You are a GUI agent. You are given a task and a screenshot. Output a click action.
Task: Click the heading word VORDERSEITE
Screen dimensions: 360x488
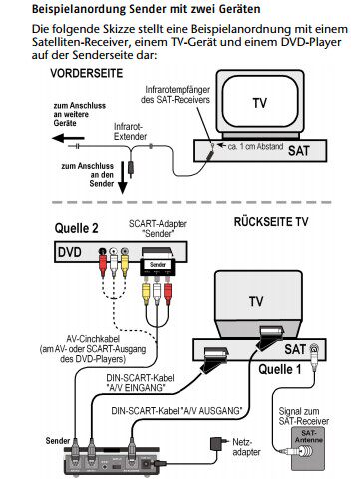click(x=87, y=73)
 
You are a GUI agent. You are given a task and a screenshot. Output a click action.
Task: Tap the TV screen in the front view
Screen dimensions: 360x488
click(x=259, y=103)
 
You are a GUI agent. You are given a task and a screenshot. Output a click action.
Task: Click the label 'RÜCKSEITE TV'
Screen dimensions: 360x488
click(x=271, y=222)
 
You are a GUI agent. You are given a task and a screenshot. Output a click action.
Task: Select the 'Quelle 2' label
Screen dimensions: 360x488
click(x=77, y=229)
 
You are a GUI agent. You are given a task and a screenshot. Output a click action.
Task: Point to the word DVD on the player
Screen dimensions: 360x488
click(x=70, y=252)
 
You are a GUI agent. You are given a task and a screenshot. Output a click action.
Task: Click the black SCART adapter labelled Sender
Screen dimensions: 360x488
click(x=158, y=262)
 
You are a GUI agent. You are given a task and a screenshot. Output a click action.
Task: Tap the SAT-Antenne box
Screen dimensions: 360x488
click(x=308, y=449)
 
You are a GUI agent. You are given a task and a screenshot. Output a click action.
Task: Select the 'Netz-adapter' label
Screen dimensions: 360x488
click(x=246, y=447)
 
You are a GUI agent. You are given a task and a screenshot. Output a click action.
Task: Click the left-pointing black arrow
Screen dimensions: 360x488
click(x=69, y=138)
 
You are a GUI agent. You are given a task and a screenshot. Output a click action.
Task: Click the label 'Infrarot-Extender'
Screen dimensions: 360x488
click(x=130, y=132)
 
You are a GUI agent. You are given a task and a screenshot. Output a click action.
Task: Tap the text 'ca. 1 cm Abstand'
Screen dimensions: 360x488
click(x=255, y=146)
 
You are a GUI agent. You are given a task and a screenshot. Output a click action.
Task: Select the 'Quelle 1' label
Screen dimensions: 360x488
click(x=280, y=369)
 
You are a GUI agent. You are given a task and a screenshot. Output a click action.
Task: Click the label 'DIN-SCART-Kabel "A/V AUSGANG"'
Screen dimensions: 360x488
click(x=177, y=411)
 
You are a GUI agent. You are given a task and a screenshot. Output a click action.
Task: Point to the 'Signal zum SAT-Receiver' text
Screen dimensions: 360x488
click(x=304, y=416)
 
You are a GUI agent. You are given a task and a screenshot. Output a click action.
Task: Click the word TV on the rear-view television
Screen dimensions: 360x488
click(x=256, y=302)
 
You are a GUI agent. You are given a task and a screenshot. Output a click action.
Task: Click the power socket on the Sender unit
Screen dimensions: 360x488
click(x=147, y=463)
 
